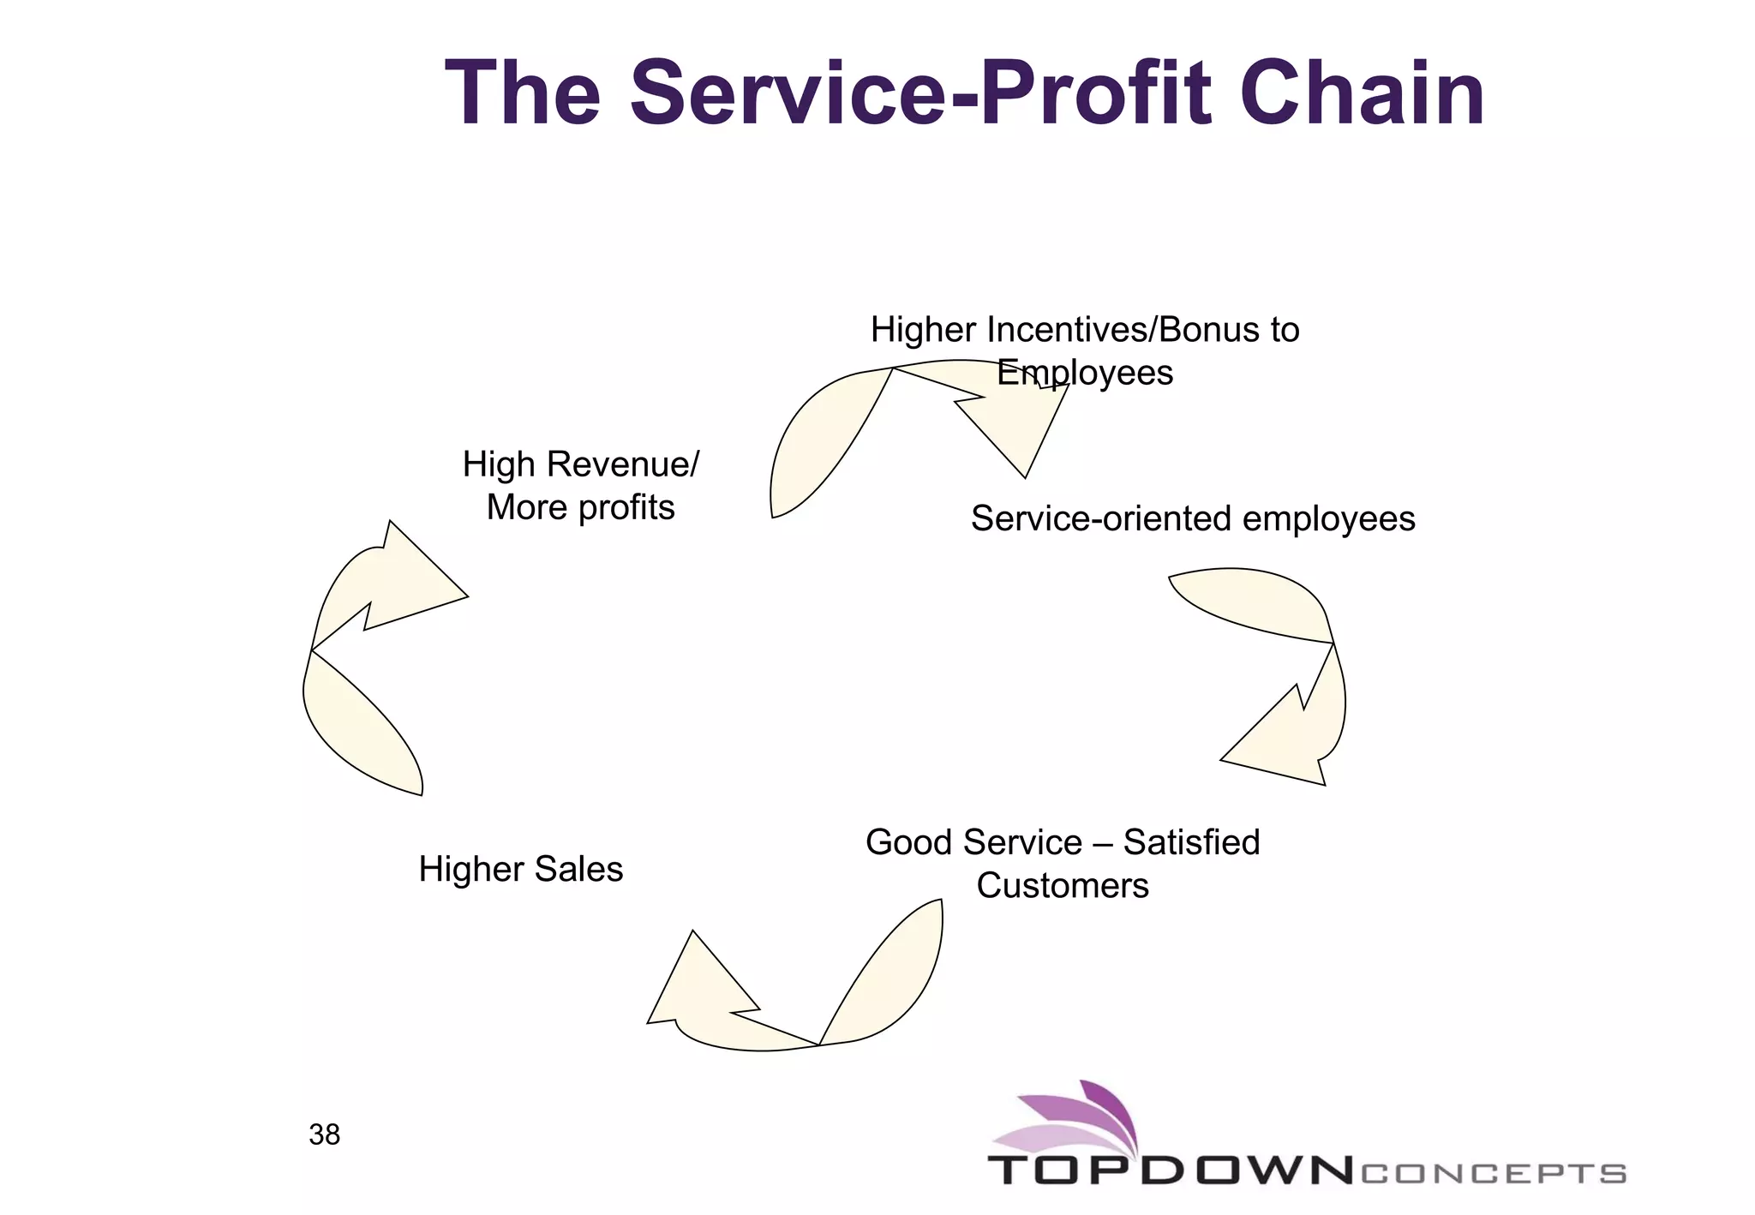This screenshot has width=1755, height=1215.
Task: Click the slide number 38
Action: [325, 1134]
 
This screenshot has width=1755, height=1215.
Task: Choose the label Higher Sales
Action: [520, 869]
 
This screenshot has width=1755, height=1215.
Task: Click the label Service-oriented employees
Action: [1192, 518]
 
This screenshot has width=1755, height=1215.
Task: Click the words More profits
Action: [580, 507]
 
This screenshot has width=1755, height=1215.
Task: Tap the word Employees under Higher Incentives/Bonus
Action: [1085, 373]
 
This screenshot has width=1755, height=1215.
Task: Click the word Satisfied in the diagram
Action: [1191, 842]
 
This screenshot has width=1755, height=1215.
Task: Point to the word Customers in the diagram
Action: [1062, 885]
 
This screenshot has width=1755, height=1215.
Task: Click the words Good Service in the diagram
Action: [973, 842]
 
